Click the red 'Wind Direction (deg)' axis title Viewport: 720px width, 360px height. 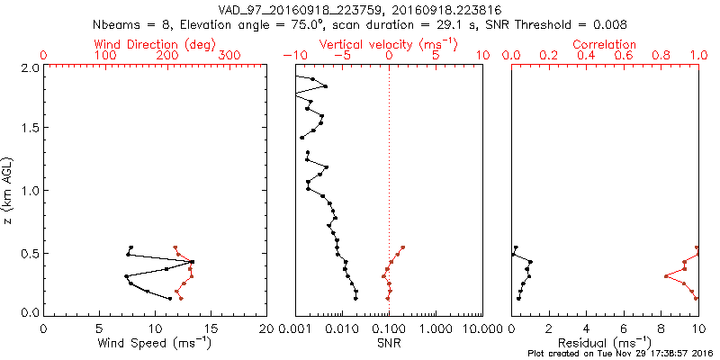155,44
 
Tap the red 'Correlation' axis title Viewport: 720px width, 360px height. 604,44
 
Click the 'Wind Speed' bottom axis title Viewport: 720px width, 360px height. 155,343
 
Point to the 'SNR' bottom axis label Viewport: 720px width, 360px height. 388,343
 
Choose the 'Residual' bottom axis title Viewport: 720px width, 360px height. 604,343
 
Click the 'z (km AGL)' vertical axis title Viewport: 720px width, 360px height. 10,190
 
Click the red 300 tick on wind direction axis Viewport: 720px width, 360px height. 229,56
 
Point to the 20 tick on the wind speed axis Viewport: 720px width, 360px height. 266,328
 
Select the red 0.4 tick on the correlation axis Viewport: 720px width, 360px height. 586,56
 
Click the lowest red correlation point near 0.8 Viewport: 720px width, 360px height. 666,275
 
